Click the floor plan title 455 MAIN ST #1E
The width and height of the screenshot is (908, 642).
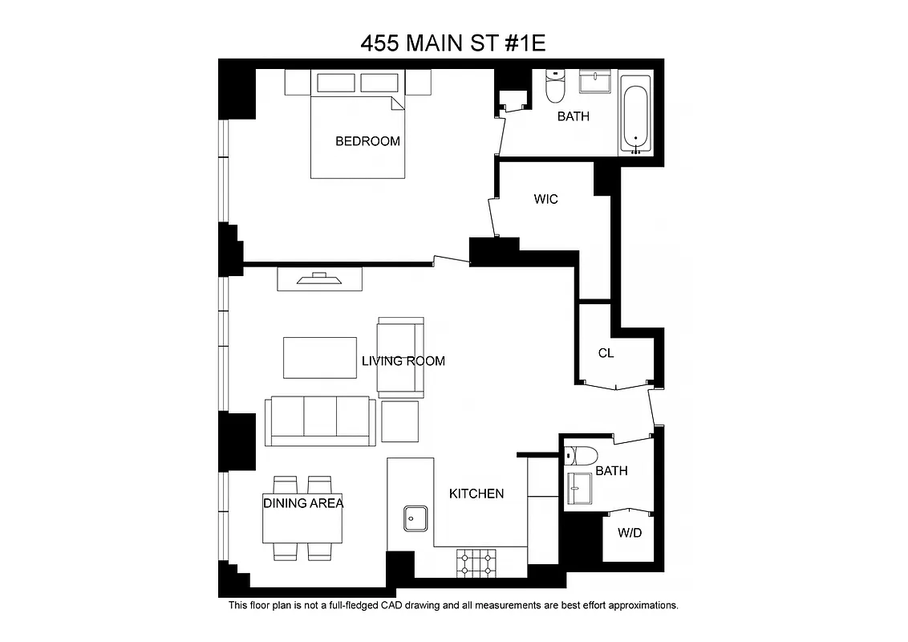click(453, 43)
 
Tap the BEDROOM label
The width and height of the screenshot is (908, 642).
click(367, 141)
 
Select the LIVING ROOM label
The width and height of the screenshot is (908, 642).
click(403, 361)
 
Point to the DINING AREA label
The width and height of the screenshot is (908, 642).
click(303, 503)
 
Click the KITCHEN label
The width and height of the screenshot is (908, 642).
click(476, 494)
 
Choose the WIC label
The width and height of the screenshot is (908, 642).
click(545, 198)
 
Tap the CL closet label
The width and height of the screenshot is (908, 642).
click(606, 353)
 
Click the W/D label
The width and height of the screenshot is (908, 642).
click(630, 533)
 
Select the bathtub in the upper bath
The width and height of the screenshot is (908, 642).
click(636, 115)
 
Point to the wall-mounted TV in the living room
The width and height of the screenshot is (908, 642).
click(319, 279)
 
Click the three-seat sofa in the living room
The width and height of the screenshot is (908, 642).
click(321, 420)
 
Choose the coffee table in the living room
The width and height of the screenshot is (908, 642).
click(319, 357)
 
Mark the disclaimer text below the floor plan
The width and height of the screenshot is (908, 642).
click(453, 605)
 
